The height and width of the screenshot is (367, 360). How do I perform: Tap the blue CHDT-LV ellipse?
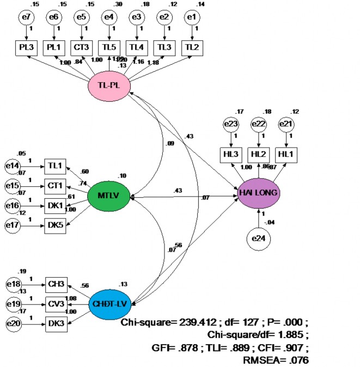click(111, 304)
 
